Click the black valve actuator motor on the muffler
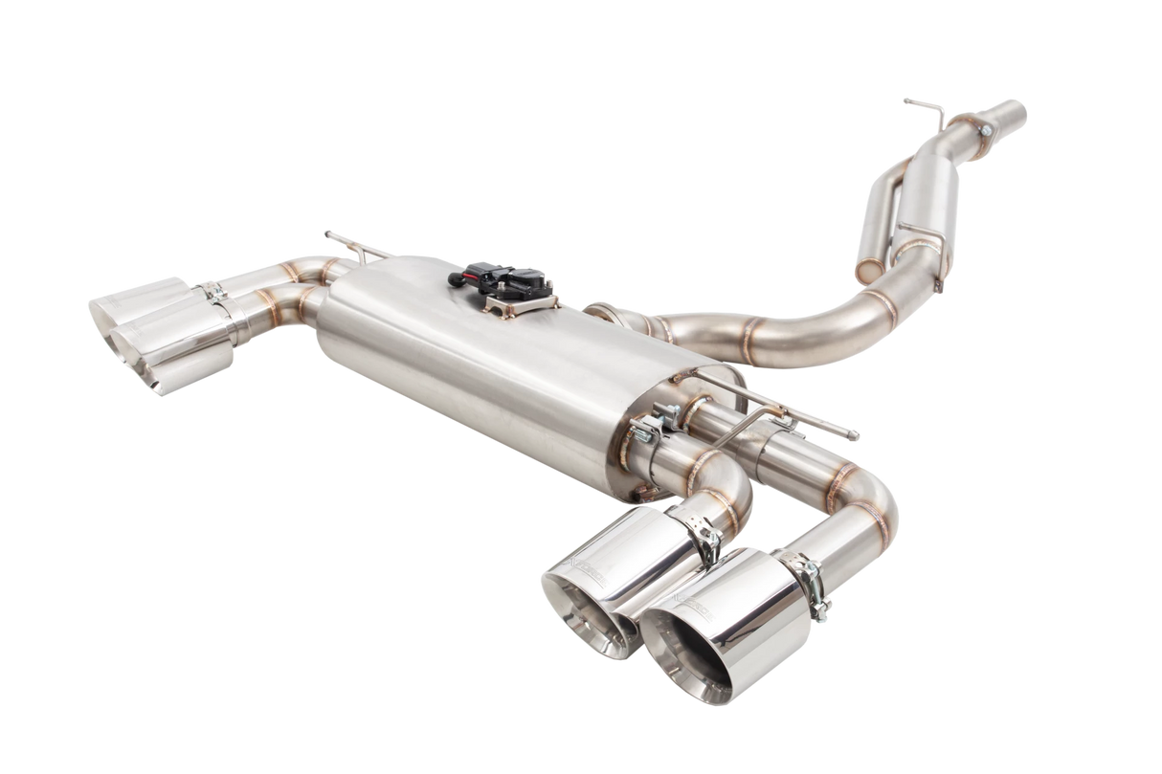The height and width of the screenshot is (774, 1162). coord(506,278)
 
